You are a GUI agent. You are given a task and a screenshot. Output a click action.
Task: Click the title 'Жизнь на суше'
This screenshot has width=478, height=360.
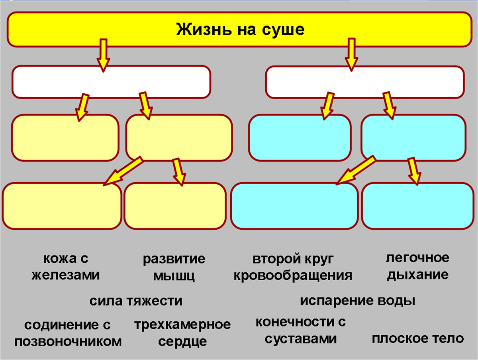click(240, 30)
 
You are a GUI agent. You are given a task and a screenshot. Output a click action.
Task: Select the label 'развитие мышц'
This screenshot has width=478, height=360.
click(174, 267)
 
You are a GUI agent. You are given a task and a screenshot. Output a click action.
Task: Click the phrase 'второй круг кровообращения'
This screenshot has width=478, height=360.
click(293, 267)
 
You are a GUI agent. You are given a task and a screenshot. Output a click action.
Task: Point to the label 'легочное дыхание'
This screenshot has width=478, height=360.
click(417, 266)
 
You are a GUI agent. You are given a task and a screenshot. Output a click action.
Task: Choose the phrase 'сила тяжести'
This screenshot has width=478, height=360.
click(136, 301)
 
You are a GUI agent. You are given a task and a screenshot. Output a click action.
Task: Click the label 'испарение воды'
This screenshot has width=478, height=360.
click(357, 301)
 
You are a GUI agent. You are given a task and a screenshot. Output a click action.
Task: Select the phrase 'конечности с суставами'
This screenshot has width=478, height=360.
click(301, 330)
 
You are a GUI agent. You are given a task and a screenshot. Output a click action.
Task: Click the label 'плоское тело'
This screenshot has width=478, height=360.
click(418, 338)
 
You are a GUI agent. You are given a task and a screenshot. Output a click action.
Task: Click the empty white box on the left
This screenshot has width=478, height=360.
click(111, 82)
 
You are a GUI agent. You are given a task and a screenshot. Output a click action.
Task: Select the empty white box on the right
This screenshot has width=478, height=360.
click(364, 82)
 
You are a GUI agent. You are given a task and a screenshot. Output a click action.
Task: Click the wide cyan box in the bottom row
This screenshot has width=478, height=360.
click(294, 206)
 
